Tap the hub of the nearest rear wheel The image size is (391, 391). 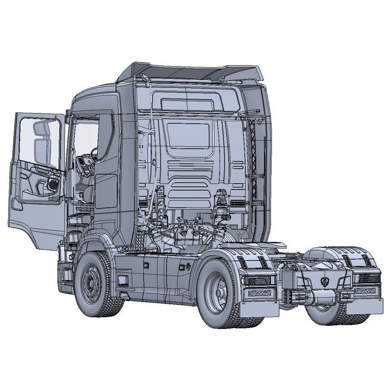point(215,292)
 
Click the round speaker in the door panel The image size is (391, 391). point(53,185)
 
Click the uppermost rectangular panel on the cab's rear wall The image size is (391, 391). point(188,105)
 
